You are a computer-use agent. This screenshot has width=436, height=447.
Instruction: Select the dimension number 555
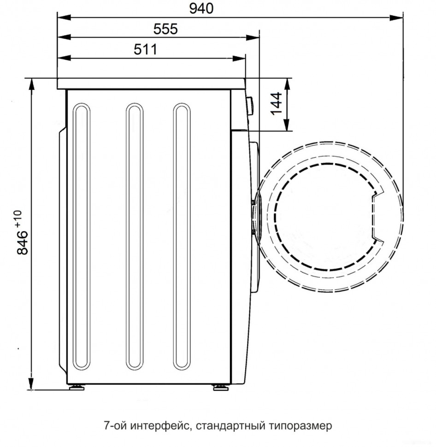tap(165, 29)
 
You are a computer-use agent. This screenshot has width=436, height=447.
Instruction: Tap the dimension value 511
tap(145, 49)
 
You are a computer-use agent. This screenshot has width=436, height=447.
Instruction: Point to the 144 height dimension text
tap(276, 104)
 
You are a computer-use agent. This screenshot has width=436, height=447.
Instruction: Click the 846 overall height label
tap(22, 239)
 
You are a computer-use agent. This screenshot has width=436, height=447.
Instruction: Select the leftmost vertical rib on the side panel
tap(82, 236)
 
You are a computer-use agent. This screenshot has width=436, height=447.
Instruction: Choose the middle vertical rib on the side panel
tap(134, 236)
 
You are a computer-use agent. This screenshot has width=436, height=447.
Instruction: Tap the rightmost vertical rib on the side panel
tap(182, 236)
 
